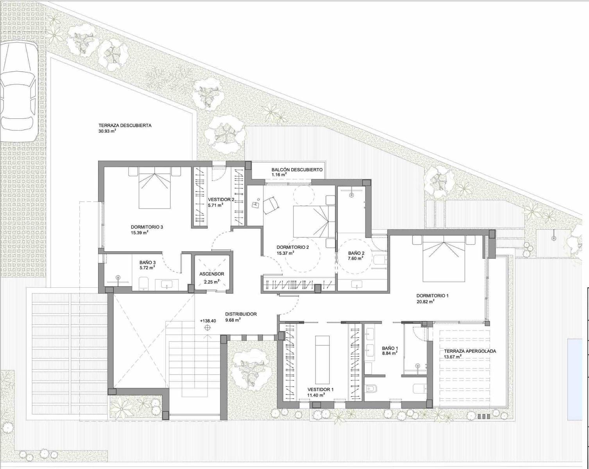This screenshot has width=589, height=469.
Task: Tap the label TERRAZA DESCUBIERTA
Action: pyautogui.click(x=125, y=125)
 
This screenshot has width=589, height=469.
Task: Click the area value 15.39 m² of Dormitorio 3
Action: pyautogui.click(x=140, y=233)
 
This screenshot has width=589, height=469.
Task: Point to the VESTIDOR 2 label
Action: pyautogui.click(x=221, y=199)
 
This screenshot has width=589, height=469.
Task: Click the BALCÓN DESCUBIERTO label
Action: pyautogui.click(x=297, y=170)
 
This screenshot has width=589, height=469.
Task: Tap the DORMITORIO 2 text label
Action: pyautogui.click(x=292, y=247)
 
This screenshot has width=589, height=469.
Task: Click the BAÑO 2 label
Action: pyautogui.click(x=356, y=253)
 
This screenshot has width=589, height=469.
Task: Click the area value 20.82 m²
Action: pyautogui.click(x=426, y=302)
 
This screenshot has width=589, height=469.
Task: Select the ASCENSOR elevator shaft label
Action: pyautogui.click(x=211, y=274)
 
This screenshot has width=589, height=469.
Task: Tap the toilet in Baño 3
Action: pyautogui.click(x=143, y=284)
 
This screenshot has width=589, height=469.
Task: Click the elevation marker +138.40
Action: pyautogui.click(x=208, y=321)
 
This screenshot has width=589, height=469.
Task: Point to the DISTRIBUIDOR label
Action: pyautogui.click(x=241, y=314)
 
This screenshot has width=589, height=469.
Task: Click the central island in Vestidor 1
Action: pyautogui.click(x=322, y=360)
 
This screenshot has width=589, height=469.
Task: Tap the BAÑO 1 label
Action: pyautogui.click(x=390, y=347)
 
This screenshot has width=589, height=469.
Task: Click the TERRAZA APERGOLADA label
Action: pyautogui.click(x=470, y=351)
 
